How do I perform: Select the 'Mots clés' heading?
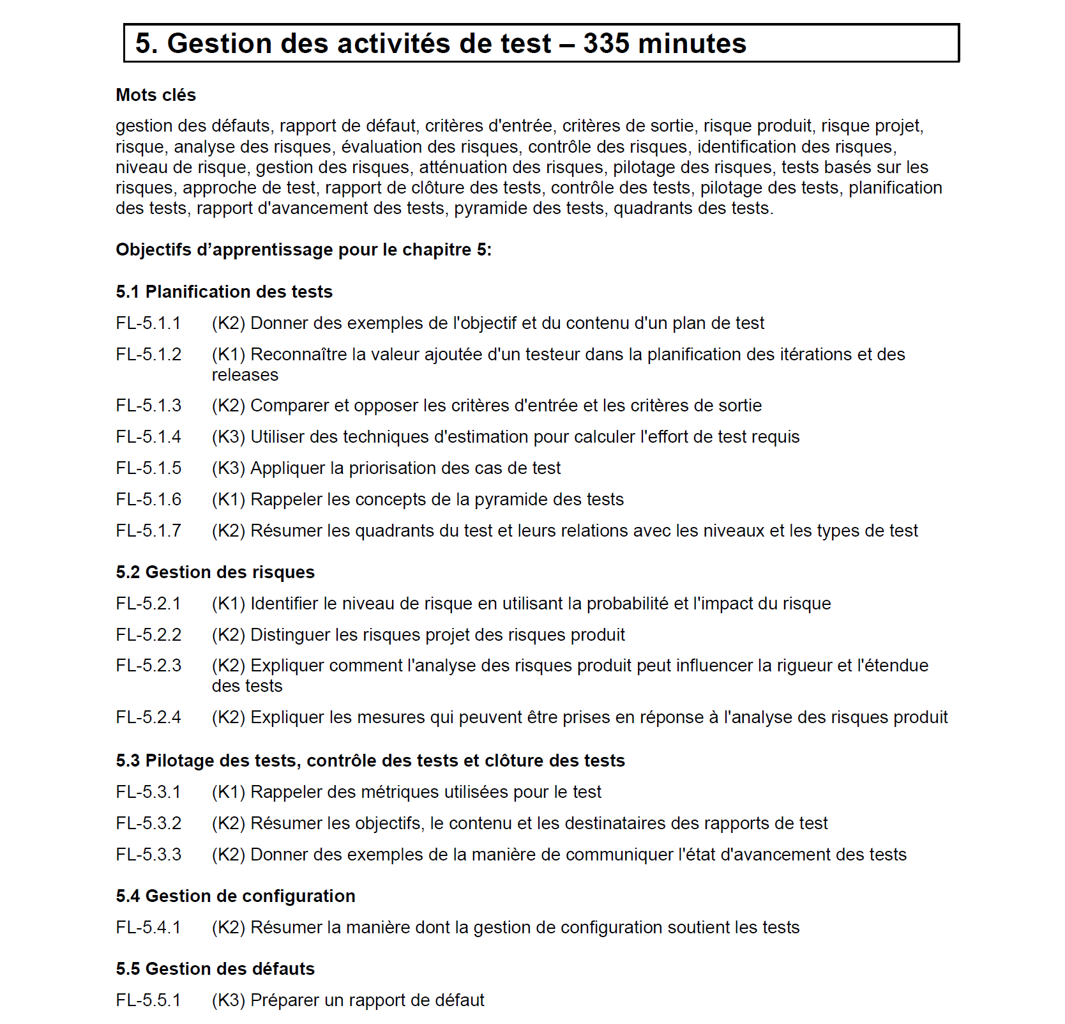156,95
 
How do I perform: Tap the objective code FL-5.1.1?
148,323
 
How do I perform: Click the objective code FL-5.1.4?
148,437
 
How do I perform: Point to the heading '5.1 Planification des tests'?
224,292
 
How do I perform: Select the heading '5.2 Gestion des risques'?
215,572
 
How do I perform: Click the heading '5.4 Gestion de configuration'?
236,896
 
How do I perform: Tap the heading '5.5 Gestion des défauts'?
215,969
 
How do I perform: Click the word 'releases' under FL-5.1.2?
245,375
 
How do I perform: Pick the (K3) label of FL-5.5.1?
229,1000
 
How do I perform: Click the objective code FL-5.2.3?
148,666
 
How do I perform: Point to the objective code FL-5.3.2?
148,823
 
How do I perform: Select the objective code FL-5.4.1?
148,928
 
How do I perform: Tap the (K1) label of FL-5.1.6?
229,500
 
